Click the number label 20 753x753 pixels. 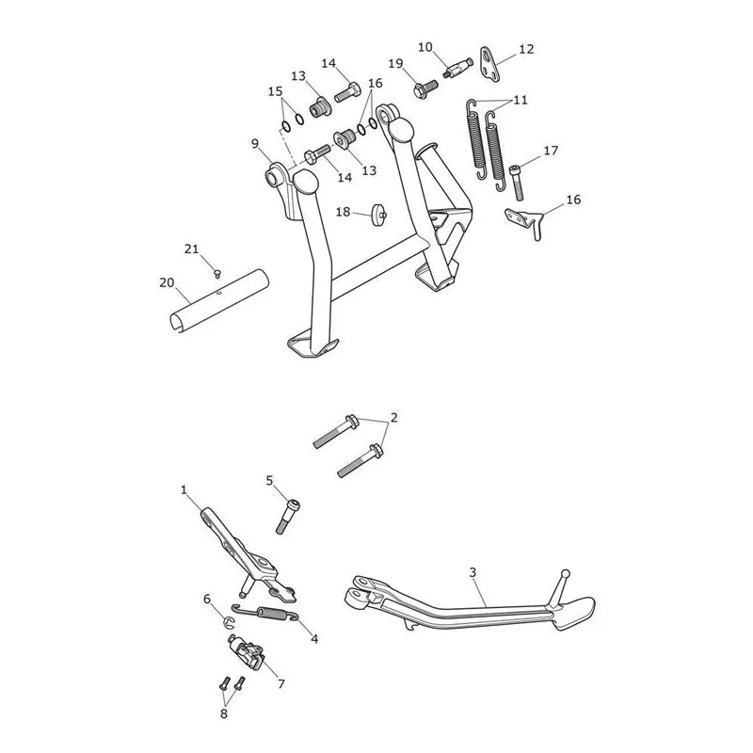coord(167,283)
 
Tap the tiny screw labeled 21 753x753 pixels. coord(217,274)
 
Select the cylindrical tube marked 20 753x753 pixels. coord(219,300)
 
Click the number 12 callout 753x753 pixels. coord(526,49)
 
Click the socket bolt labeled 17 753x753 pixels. coord(517,182)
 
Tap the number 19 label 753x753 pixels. coord(395,63)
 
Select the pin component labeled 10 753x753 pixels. coord(457,69)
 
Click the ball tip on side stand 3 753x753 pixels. coord(566,574)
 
